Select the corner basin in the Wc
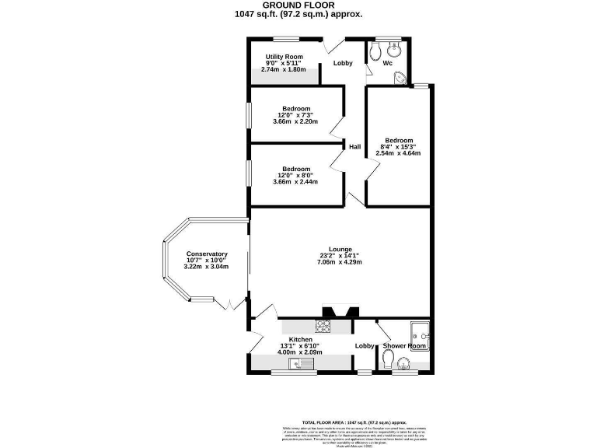(x=400, y=77)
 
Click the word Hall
(x=354, y=146)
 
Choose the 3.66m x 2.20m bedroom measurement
(x=296, y=121)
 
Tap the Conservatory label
(x=206, y=254)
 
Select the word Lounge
(x=340, y=250)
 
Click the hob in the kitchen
(x=323, y=327)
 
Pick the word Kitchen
(x=301, y=340)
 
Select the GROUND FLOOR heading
(x=298, y=5)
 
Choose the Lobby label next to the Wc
(x=343, y=63)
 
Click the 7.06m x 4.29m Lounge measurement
(x=340, y=262)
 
